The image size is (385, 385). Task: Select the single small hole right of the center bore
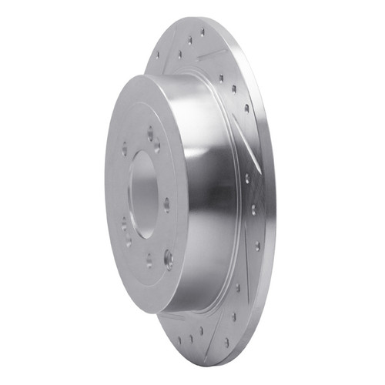[x=166, y=204]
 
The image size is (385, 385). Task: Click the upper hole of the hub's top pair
[x=150, y=132]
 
